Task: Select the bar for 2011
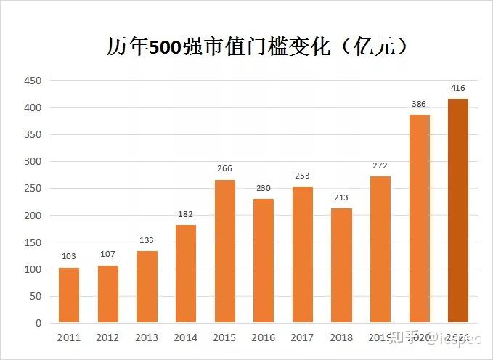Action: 69,295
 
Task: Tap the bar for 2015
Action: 224,251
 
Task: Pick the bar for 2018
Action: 341,265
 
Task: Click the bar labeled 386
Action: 419,218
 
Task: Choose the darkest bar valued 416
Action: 458,210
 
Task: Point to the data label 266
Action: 224,169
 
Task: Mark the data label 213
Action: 341,197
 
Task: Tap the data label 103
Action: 69,257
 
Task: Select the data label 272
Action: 380,165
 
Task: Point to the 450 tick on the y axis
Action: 33,81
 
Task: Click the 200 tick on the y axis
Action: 33,216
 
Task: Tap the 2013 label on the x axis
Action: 147,337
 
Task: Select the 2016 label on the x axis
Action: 264,337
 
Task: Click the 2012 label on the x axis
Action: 107,337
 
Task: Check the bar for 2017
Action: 303,254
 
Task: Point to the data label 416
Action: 458,88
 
